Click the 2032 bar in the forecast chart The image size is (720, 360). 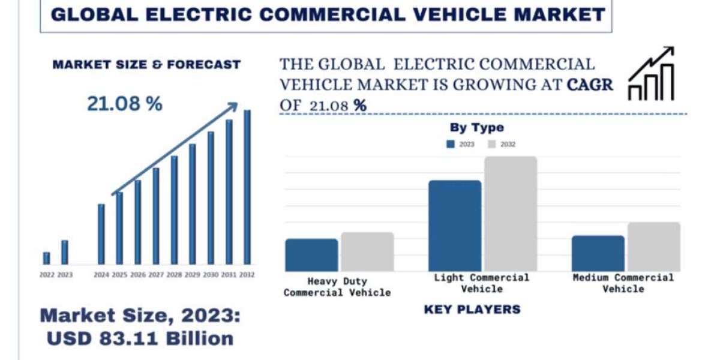click(x=247, y=187)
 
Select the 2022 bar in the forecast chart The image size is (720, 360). click(x=46, y=258)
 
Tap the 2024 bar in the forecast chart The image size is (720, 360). click(x=101, y=234)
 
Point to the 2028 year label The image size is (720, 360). click(x=174, y=275)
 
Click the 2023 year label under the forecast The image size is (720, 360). click(x=65, y=275)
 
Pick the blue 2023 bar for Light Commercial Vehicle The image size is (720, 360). click(x=455, y=226)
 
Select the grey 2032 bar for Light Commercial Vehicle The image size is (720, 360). click(x=511, y=214)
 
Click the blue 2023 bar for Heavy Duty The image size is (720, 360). click(x=311, y=255)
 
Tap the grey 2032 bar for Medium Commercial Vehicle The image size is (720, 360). click(x=654, y=247)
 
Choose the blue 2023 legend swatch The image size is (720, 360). click(x=451, y=144)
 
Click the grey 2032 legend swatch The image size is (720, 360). click(x=492, y=144)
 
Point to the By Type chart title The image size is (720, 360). click(x=477, y=127)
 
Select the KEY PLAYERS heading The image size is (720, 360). click(x=472, y=310)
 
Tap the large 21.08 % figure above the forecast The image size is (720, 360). click(x=125, y=104)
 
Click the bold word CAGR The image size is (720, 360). click(x=590, y=85)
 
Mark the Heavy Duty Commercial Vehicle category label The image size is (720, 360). click(x=337, y=287)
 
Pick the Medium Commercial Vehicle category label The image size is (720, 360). click(x=623, y=283)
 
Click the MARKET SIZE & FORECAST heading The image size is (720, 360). click(x=146, y=64)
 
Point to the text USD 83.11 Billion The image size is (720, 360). click(x=140, y=338)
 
